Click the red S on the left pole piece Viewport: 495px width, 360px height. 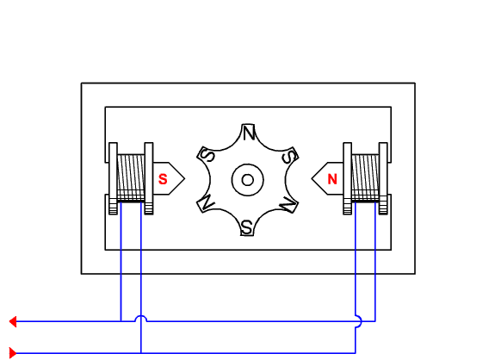[x=162, y=179]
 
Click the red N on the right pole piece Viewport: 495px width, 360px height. [x=332, y=179]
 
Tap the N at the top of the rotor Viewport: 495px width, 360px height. [x=248, y=133]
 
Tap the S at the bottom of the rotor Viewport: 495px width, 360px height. [x=246, y=227]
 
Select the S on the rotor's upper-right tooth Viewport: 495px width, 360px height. [x=290, y=156]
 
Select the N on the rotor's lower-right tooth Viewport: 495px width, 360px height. [x=289, y=204]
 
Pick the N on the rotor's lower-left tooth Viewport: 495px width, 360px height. [x=207, y=203]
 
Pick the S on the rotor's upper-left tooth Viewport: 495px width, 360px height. [x=207, y=155]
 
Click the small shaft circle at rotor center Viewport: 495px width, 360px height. [x=248, y=179]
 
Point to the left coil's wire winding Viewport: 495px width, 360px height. [x=131, y=177]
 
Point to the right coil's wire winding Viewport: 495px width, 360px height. [x=365, y=177]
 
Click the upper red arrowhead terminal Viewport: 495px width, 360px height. [x=13, y=321]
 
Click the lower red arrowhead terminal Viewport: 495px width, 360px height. [x=13, y=352]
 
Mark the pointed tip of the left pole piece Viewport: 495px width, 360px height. [x=184, y=179]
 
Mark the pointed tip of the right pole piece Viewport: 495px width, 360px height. [x=312, y=179]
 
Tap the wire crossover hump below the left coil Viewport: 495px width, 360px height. [x=141, y=319]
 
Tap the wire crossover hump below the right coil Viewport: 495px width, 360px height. [x=357, y=320]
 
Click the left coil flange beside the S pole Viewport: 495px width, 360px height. [x=149, y=177]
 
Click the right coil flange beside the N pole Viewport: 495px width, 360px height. [x=348, y=177]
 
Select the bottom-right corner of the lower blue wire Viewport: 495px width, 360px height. [x=356, y=352]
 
